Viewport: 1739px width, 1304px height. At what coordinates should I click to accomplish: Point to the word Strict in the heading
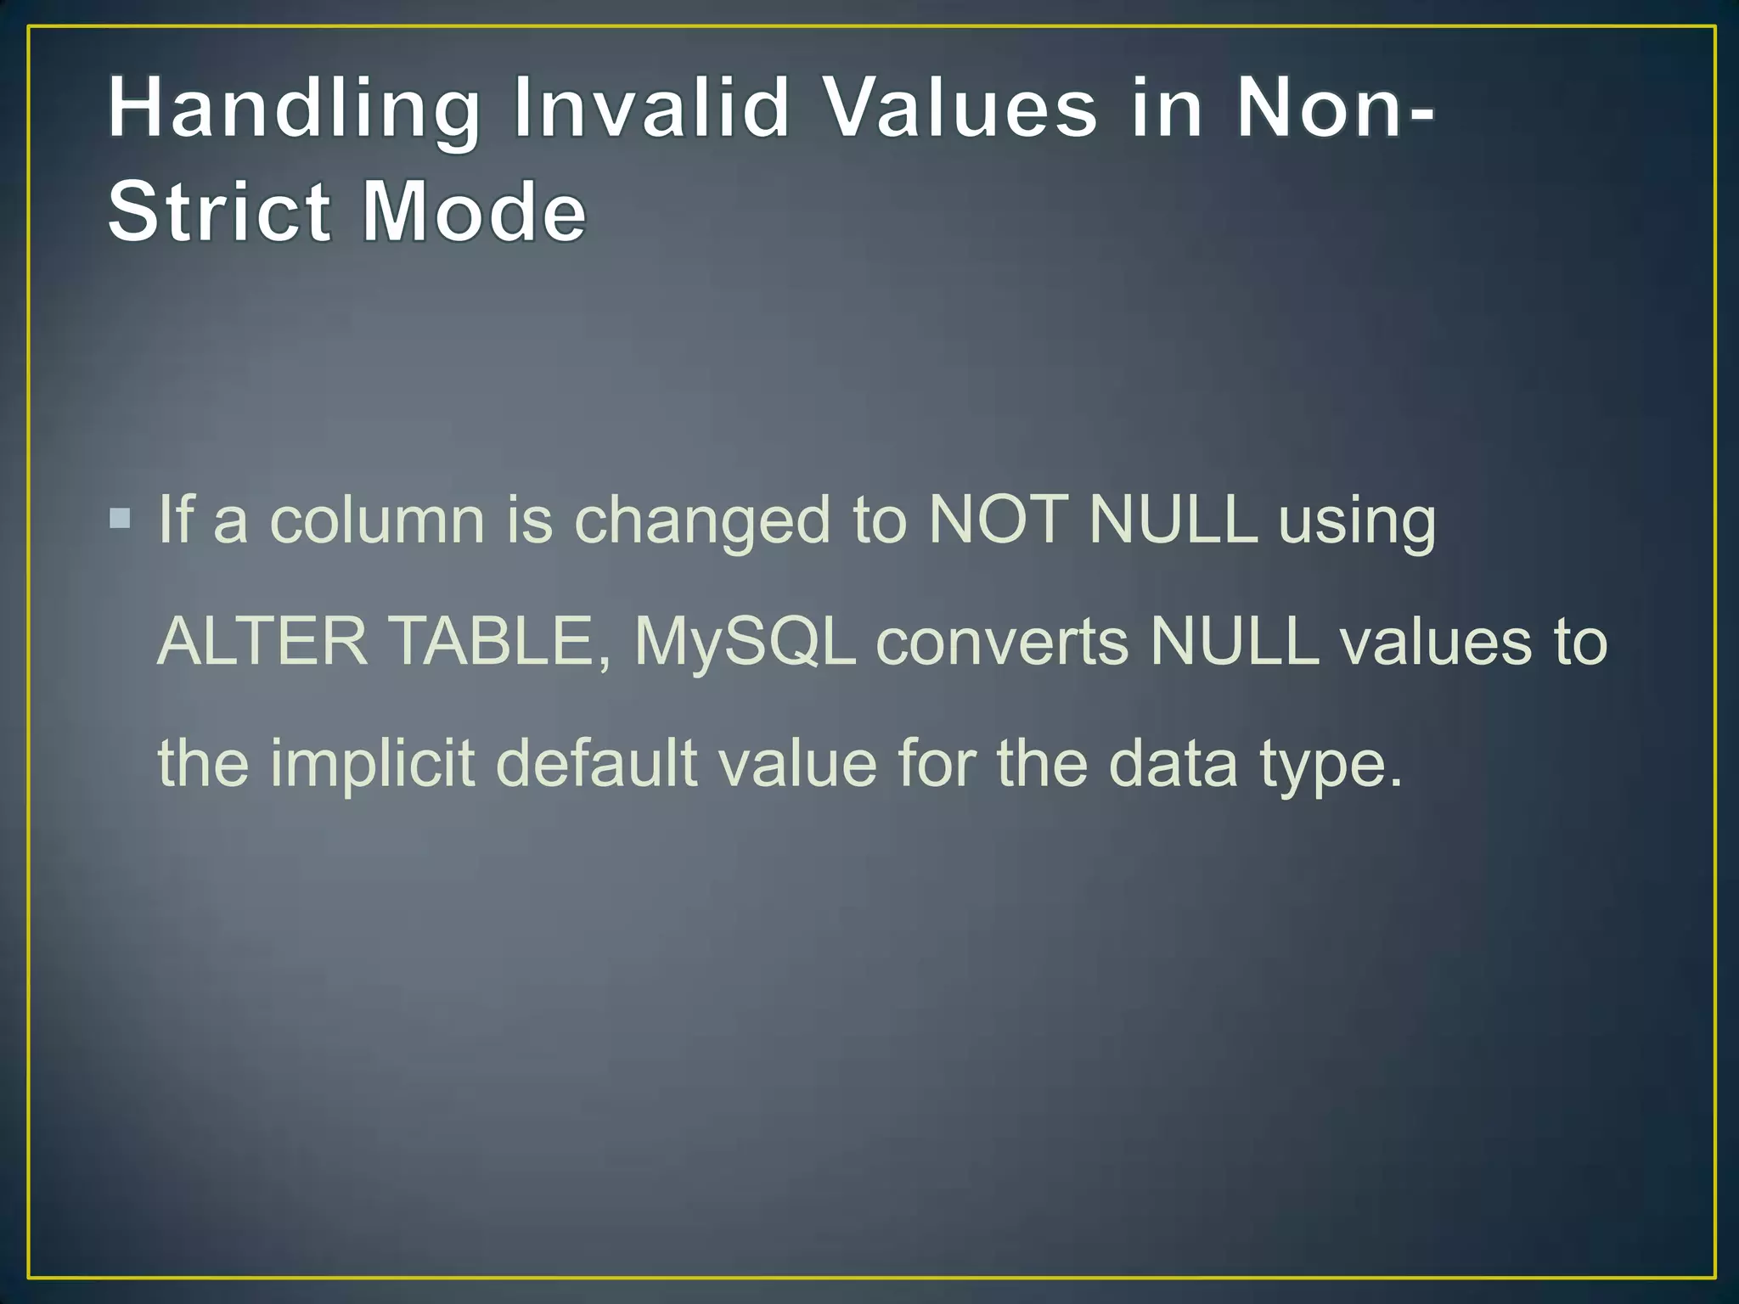219,211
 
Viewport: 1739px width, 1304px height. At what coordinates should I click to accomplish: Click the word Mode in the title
474,211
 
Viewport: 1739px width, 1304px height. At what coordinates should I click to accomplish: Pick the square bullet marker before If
121,518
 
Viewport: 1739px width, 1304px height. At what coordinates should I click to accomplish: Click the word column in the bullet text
377,520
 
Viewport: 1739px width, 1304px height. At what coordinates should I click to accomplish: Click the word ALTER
262,641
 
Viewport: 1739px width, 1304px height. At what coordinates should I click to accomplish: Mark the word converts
1002,643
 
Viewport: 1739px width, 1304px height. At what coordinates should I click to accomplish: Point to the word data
1173,763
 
